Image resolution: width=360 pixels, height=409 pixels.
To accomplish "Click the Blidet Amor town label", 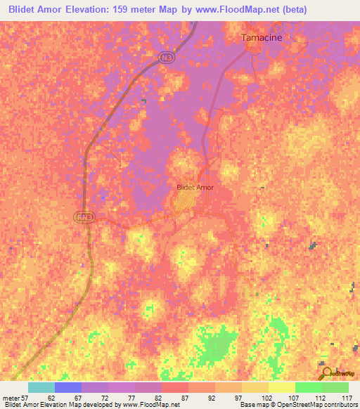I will coord(194,188).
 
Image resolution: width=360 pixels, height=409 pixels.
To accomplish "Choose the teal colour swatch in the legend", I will coord(41,387).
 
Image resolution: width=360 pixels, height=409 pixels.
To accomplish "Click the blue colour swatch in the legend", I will coord(68,387).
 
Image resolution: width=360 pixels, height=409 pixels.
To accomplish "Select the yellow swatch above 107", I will coord(282,387).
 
